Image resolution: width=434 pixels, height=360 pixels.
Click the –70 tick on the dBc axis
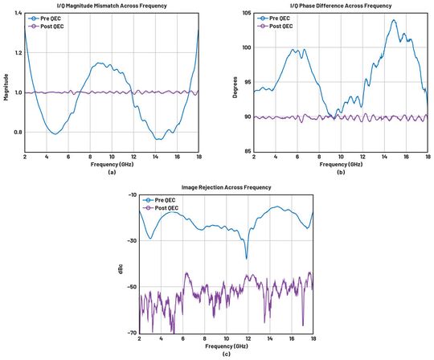point(131,333)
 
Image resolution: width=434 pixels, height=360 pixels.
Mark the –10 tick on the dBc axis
point(131,195)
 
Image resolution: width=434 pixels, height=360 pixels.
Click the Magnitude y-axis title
point(6,82)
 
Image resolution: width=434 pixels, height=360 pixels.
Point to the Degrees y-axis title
point(235,82)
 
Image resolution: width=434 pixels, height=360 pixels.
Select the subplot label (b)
point(340,171)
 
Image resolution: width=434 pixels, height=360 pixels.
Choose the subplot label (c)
point(226,353)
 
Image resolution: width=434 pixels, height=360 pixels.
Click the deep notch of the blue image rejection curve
point(246,258)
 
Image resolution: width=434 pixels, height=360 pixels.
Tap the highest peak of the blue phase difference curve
point(394,20)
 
